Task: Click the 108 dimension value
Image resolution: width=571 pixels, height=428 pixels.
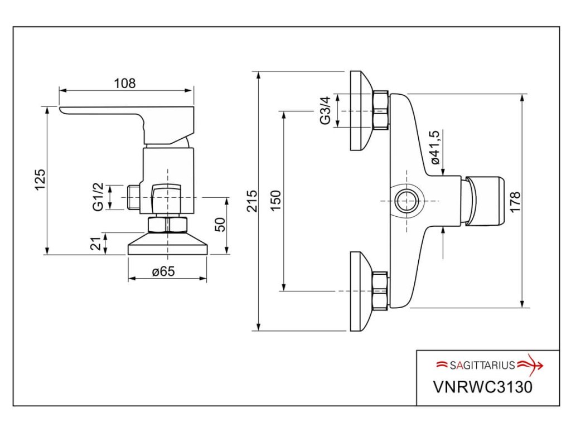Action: [125, 84]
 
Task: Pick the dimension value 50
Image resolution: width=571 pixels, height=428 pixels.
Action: [221, 225]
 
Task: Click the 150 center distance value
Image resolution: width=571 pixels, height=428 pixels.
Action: [276, 201]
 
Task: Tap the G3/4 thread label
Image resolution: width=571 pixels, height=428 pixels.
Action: [326, 111]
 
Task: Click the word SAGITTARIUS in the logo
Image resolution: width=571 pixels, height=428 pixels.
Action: [483, 366]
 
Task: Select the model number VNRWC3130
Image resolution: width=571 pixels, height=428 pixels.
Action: [482, 386]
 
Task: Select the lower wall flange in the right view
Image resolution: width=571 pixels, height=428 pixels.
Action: [361, 291]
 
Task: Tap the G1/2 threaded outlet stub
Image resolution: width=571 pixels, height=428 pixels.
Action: [133, 197]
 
